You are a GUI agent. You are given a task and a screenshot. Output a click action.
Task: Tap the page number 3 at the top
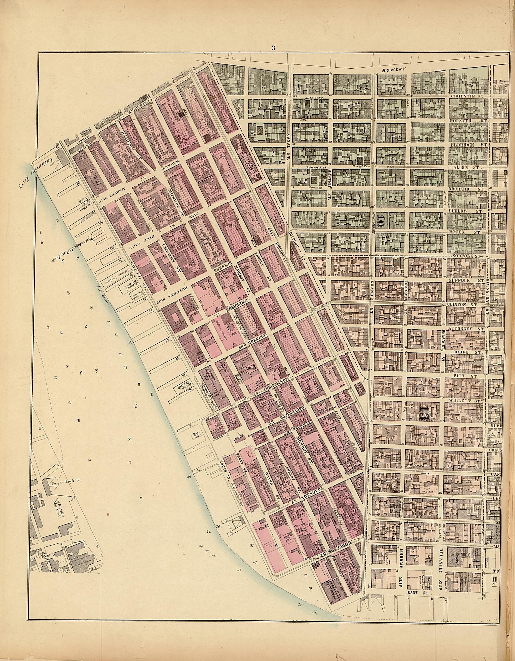pyautogui.click(x=273, y=47)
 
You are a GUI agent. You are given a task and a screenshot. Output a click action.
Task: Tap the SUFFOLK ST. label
pyautogui.click(x=466, y=281)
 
